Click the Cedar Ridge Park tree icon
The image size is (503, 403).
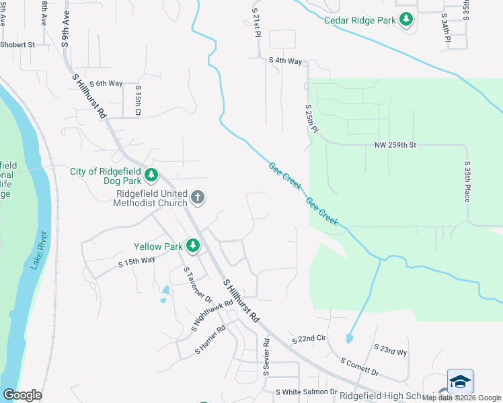click(x=405, y=20)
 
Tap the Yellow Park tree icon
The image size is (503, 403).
click(x=194, y=246)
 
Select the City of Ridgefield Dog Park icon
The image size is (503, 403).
click(x=152, y=175)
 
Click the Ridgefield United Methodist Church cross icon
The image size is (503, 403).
click(x=197, y=197)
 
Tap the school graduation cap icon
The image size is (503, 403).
click(x=460, y=382)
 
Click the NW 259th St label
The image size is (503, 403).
click(x=395, y=145)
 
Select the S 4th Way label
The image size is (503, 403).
click(x=285, y=60)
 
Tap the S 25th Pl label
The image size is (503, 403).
click(x=311, y=118)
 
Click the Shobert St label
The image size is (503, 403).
click(x=17, y=45)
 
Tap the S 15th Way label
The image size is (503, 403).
click(x=137, y=261)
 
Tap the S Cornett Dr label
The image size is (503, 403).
click(x=360, y=367)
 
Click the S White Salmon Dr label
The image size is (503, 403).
click(x=306, y=392)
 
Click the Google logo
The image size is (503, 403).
click(x=22, y=395)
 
